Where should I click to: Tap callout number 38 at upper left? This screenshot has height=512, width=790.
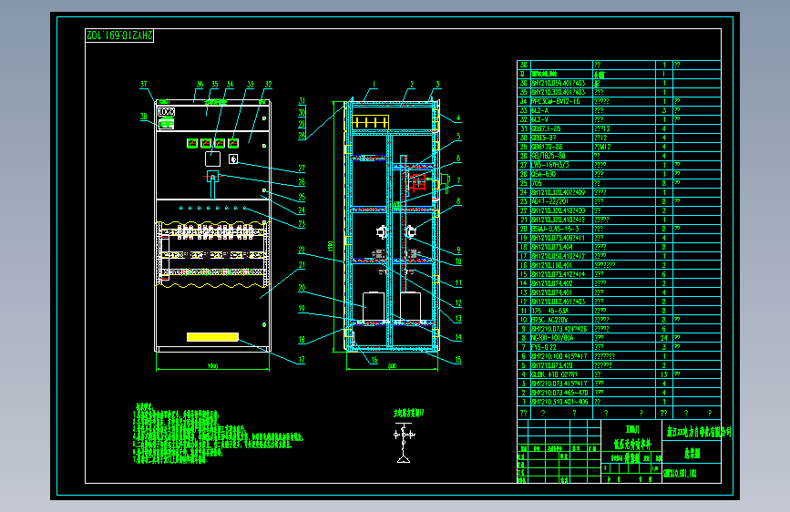pos(143,116)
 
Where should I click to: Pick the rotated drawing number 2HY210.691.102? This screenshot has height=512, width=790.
pos(119,35)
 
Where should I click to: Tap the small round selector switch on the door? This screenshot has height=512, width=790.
pos(233,159)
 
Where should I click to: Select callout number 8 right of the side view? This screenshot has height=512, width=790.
pos(458,201)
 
